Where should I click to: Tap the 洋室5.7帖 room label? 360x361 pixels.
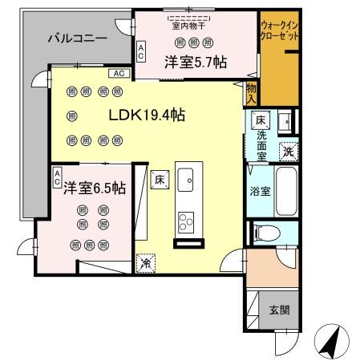point(194,61)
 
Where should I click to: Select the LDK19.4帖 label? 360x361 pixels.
point(147,115)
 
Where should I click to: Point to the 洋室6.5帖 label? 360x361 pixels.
point(95,189)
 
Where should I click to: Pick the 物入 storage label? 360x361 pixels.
point(251,93)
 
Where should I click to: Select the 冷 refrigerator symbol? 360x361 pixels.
point(146,262)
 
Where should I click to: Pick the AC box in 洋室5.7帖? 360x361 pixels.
point(141,52)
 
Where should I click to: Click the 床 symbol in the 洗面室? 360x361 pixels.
point(261,120)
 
